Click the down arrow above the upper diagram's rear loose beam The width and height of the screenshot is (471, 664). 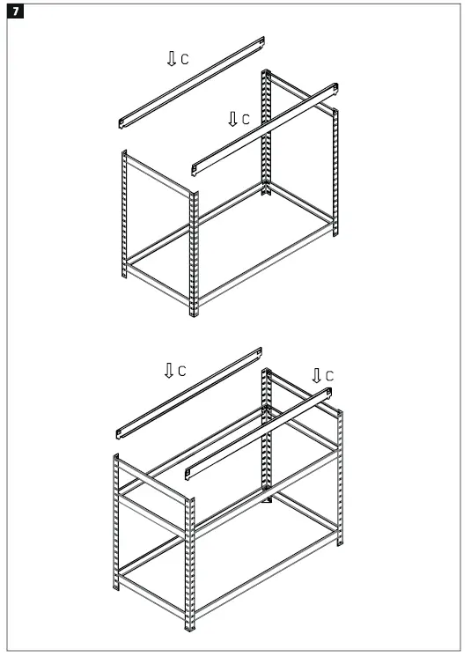pos(171,58)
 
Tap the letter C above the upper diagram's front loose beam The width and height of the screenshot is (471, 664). pos(246,119)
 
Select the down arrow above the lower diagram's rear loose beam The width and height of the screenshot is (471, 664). pos(168,370)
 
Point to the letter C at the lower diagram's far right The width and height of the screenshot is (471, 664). pos(330,376)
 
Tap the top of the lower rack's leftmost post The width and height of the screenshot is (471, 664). pos(117,458)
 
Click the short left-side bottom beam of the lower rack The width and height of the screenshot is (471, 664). pos(154,579)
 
